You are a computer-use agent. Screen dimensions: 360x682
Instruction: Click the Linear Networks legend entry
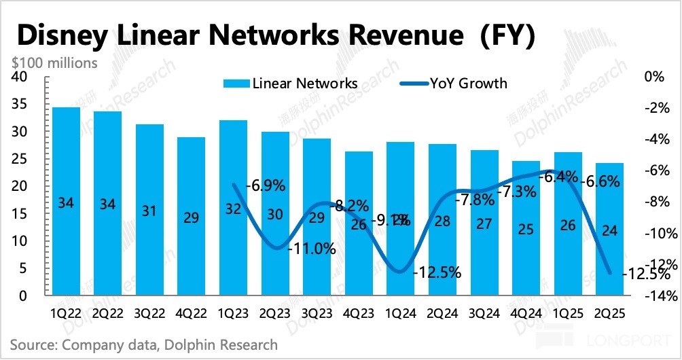[292, 84]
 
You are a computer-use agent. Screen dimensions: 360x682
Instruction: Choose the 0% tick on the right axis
[653, 77]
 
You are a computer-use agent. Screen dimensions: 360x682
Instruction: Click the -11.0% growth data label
[312, 249]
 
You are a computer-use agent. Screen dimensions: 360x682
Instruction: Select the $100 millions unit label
[54, 63]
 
